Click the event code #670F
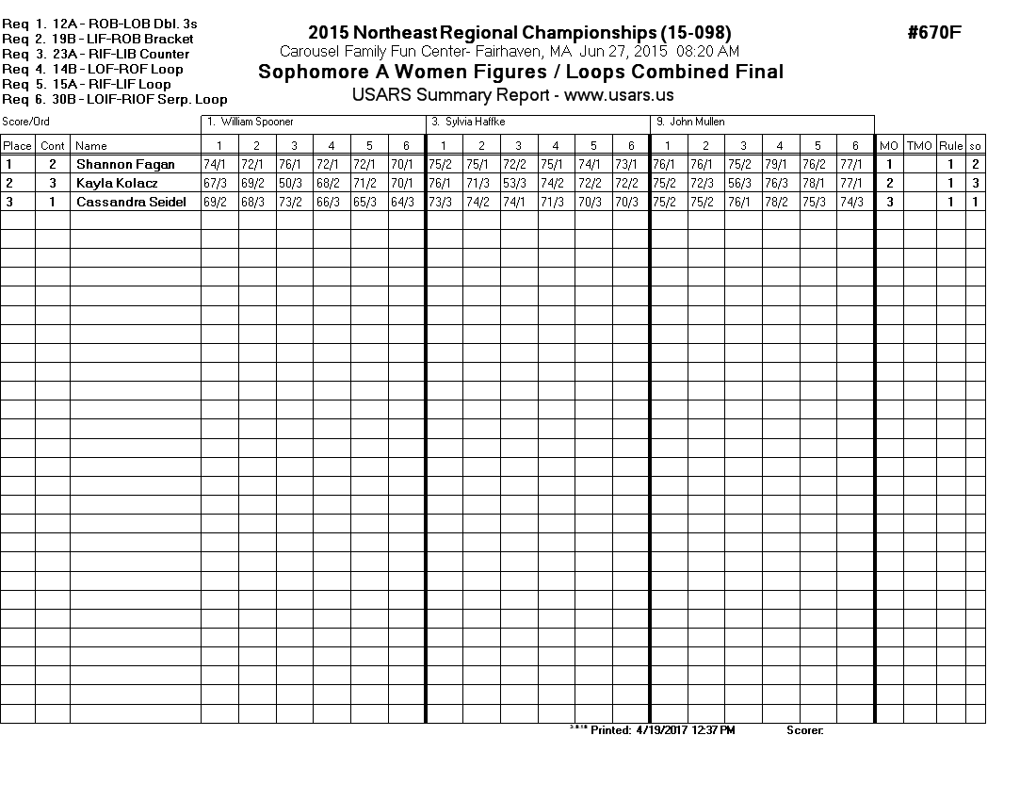(x=934, y=33)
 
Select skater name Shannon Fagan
(x=125, y=165)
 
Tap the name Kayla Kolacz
(x=117, y=184)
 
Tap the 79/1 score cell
(x=780, y=165)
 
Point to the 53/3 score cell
(x=515, y=184)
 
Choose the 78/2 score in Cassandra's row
(x=780, y=203)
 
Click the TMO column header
(x=919, y=146)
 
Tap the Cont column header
(x=53, y=146)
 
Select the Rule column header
(x=951, y=146)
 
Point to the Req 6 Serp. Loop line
(x=115, y=99)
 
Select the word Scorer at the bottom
(x=804, y=730)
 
